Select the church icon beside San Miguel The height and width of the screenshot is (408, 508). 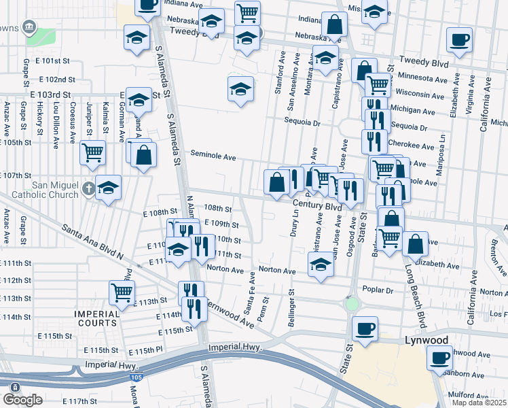coord(88,187)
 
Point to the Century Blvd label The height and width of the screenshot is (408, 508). coord(317,205)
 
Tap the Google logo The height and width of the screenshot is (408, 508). coord(22,400)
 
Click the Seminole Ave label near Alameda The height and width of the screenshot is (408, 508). coord(213,156)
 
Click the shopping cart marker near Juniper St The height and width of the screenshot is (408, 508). coord(92,152)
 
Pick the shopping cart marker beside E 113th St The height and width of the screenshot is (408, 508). coord(122,292)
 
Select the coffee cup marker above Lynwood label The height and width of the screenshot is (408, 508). coord(365,328)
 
